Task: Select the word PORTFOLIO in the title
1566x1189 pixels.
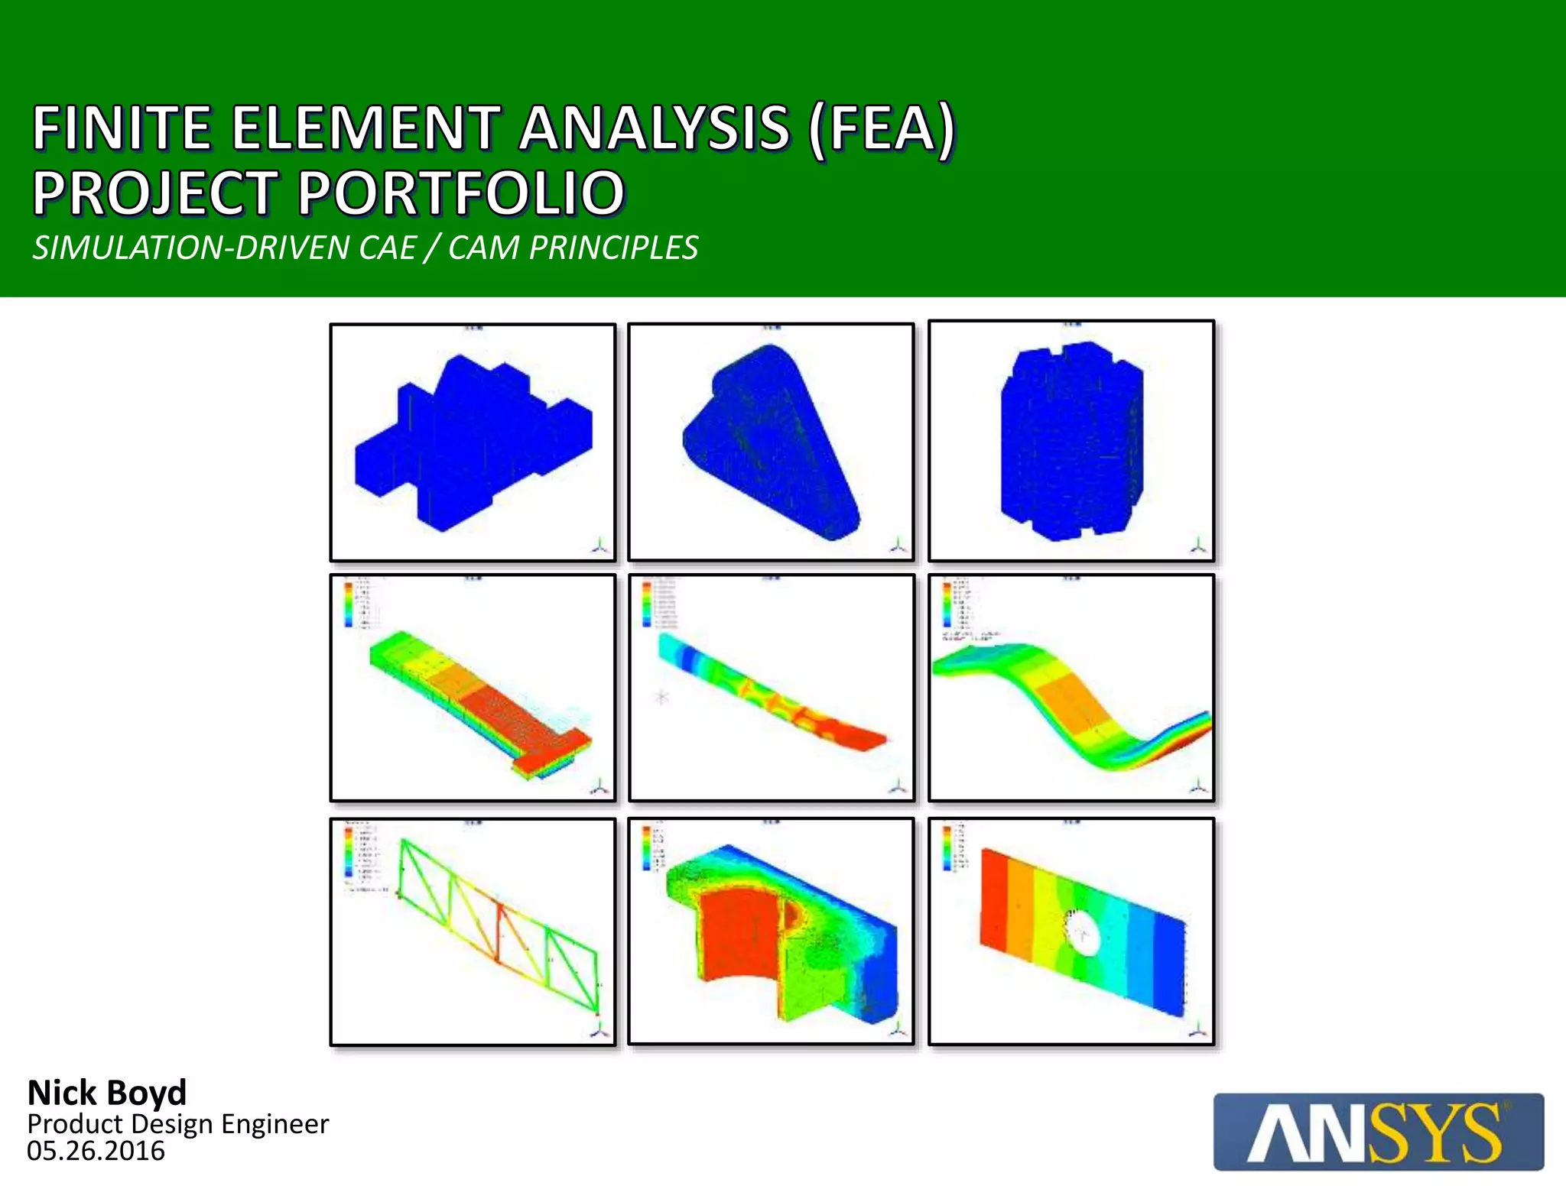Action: coord(462,193)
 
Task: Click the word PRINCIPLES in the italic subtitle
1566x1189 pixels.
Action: coord(613,248)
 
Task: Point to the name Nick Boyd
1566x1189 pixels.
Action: coord(107,1093)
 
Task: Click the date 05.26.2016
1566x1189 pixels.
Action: coord(96,1151)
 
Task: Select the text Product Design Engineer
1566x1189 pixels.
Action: coord(177,1124)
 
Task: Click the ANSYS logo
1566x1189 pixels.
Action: coord(1378,1132)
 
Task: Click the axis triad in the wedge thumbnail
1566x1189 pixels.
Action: coord(899,545)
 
